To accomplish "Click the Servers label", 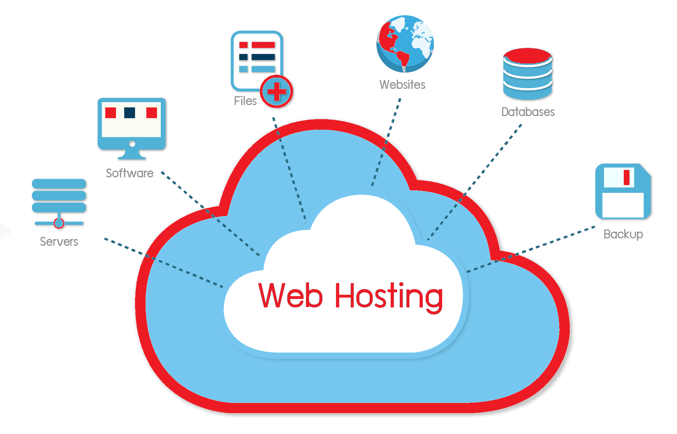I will point(59,242).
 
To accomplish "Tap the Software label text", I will point(129,173).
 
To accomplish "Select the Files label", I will point(245,101).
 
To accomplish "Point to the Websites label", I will point(402,85).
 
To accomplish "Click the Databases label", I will point(528,112).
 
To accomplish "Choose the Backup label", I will point(623,234).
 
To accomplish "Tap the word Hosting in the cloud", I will point(389,297).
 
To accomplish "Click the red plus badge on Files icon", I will point(277,92).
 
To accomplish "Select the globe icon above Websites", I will point(405,44).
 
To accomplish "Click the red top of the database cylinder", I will point(527,56).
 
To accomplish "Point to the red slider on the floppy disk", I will point(627,177).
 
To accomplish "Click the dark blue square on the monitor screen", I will point(129,113).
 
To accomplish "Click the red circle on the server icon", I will point(59,223).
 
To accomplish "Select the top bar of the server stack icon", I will point(59,184).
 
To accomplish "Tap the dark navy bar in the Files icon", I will point(263,57).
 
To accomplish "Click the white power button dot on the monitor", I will point(132,144).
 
